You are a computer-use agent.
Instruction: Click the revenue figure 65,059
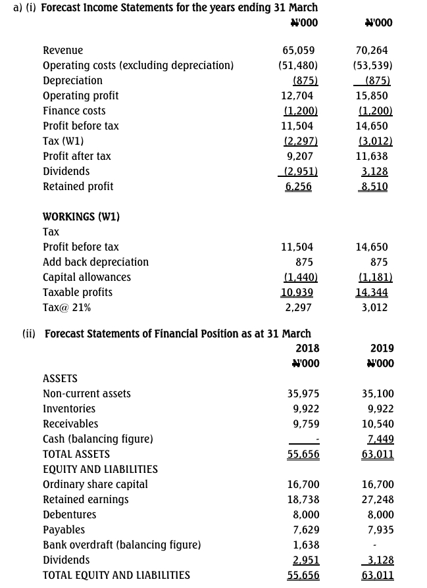coord(298,51)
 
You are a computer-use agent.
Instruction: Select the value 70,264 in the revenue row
coord(372,51)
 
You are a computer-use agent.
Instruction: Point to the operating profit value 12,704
coord(297,96)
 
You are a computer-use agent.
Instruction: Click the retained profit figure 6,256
coord(298,187)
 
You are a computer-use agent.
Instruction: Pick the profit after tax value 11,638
coord(372,157)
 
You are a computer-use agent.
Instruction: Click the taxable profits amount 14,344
coord(372,293)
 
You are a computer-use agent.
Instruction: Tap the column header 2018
coord(307,349)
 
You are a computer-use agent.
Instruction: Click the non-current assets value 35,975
coord(303,394)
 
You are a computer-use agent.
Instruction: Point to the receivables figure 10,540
coord(378,424)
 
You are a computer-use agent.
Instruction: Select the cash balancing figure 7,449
coord(381,439)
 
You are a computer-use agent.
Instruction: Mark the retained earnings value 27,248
coord(378,500)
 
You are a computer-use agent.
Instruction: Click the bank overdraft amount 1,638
coord(306,545)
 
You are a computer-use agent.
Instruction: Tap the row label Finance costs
coord(74,111)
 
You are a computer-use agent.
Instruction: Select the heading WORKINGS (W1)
coord(81,217)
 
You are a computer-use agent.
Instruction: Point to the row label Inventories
coord(69,409)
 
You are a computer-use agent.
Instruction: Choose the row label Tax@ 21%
coord(66,308)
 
